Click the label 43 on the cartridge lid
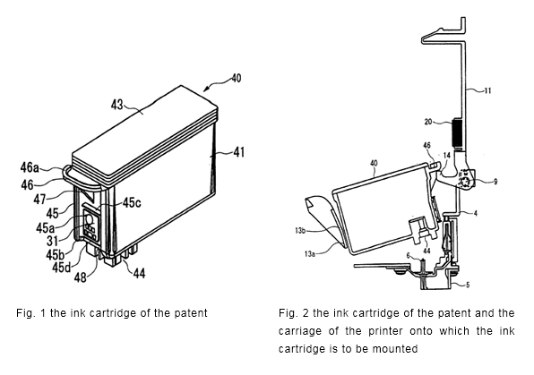(116, 105)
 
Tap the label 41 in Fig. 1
(238, 152)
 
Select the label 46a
(30, 167)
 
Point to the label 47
(39, 199)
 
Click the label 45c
(132, 203)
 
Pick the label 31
(52, 241)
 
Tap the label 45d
(62, 268)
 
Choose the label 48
(81, 277)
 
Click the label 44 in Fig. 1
(139, 273)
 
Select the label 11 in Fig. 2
(488, 91)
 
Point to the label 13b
(299, 231)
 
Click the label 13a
(309, 254)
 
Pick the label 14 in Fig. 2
(447, 156)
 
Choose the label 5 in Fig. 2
(468, 285)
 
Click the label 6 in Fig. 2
(408, 255)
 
